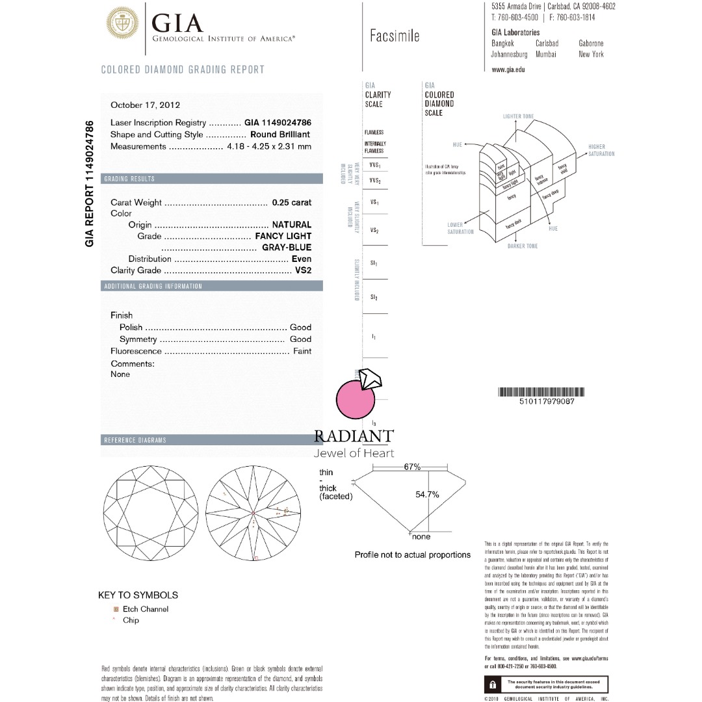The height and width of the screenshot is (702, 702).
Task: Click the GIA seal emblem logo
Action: click(x=122, y=24)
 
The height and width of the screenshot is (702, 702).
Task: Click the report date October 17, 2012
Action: click(x=145, y=105)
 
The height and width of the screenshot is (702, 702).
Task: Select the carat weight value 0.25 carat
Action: click(x=292, y=203)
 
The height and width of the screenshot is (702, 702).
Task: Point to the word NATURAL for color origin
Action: click(x=291, y=225)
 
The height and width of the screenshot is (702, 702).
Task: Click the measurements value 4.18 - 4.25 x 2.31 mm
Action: click(x=269, y=147)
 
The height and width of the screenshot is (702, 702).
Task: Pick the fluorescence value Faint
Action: click(x=302, y=351)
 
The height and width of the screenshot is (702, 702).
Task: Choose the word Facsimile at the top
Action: click(x=395, y=36)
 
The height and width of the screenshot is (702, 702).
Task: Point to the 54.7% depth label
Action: click(x=427, y=495)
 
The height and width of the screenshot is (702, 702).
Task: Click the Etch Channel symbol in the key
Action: click(x=116, y=609)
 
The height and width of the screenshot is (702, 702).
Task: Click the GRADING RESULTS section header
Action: click(x=130, y=179)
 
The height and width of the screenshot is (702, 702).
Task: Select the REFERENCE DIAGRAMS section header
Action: click(x=135, y=440)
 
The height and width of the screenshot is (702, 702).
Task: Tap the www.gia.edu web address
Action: click(x=508, y=69)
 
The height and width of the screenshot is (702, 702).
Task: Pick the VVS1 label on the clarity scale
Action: click(x=374, y=166)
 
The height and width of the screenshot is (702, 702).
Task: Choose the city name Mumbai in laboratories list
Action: click(x=546, y=55)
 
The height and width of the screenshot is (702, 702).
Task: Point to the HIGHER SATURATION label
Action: click(x=601, y=150)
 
